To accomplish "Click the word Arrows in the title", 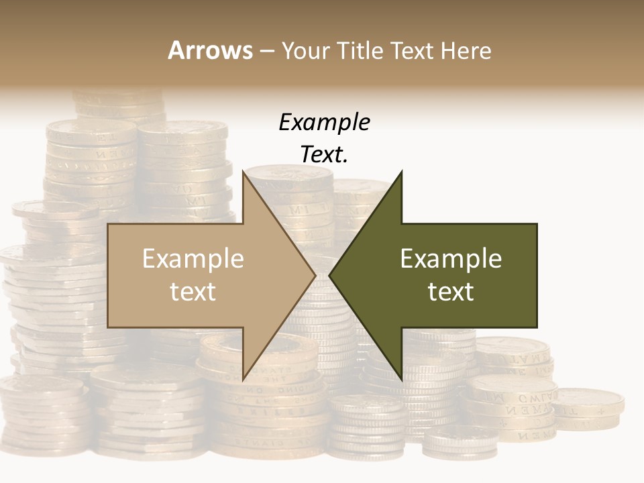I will [210, 50].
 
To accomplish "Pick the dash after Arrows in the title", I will [266, 52].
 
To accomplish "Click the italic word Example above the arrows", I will [324, 122].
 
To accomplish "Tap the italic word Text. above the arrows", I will [324, 154].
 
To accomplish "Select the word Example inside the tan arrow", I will [193, 259].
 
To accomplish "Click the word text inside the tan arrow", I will [193, 291].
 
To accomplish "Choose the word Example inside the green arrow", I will [451, 259].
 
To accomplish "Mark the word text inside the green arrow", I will [451, 291].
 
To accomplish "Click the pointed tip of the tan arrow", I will [315, 275].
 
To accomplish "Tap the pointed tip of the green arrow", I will [330, 275].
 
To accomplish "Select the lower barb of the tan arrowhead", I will [243, 379].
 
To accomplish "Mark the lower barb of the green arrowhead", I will [401, 379].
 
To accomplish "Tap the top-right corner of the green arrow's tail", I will [536, 224].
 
